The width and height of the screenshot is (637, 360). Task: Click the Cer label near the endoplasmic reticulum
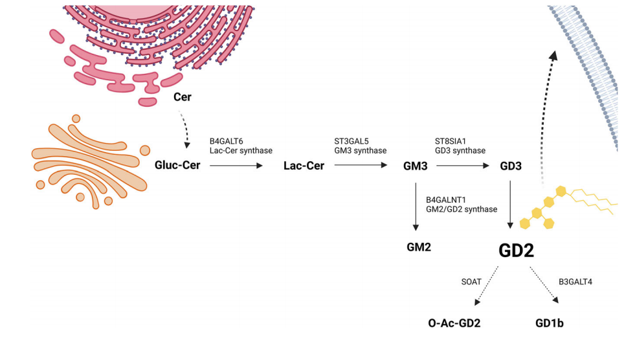coord(184,97)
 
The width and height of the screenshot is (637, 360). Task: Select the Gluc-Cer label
coord(177,166)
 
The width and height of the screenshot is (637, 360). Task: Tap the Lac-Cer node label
coord(304,166)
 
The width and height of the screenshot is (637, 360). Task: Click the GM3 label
coord(415,166)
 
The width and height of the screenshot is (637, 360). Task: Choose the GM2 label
coord(418,247)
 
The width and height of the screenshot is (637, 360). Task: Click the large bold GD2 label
coord(516,251)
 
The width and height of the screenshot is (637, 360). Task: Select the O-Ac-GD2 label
coord(454,323)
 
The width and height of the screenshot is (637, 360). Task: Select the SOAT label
coord(471,282)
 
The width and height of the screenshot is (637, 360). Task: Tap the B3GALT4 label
coord(574,282)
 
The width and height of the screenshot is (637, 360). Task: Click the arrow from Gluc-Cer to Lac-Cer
coord(236,166)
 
